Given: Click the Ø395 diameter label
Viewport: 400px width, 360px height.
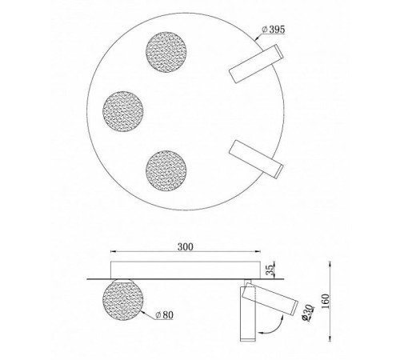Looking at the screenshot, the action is [x=274, y=30].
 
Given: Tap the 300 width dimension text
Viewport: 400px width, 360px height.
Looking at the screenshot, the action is [x=186, y=247].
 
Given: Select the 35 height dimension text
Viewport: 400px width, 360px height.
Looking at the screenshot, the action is [x=270, y=270].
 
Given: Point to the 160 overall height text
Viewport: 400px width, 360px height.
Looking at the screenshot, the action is [x=326, y=301].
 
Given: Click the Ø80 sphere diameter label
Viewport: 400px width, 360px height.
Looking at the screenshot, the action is [x=164, y=315].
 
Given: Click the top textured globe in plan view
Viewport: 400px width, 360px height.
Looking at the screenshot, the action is [x=166, y=52].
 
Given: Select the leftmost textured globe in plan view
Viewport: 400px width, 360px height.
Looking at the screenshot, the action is [x=123, y=111].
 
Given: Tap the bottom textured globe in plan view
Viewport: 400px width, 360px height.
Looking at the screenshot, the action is [x=166, y=170].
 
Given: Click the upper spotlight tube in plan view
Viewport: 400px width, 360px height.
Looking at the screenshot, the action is [x=256, y=64].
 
